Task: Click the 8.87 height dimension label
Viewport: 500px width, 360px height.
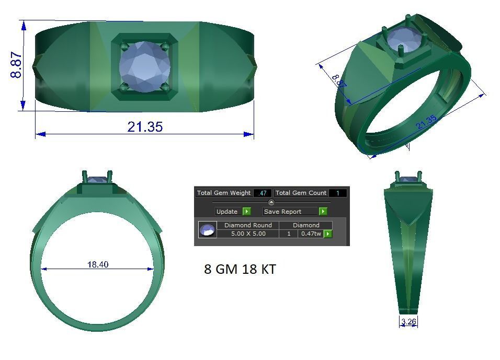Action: pyautogui.click(x=16, y=65)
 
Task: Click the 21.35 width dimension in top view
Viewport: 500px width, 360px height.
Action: pyautogui.click(x=145, y=126)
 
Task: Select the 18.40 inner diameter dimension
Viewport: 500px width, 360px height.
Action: pyautogui.click(x=98, y=264)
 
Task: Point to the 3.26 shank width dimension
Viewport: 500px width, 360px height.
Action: pyautogui.click(x=408, y=322)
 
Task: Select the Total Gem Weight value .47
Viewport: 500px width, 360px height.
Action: pyautogui.click(x=262, y=193)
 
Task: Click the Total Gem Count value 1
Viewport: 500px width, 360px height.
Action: pyautogui.click(x=338, y=193)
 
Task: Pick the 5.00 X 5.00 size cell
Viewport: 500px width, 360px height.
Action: pyautogui.click(x=248, y=234)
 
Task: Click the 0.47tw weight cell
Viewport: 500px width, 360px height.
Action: pyautogui.click(x=311, y=234)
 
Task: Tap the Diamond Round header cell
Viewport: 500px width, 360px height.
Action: pyautogui.click(x=248, y=225)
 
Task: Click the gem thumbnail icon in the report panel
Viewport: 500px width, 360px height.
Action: pyautogui.click(x=208, y=229)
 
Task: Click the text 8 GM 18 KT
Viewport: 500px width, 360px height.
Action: pyautogui.click(x=240, y=270)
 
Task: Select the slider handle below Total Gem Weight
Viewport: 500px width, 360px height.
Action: pyautogui.click(x=271, y=202)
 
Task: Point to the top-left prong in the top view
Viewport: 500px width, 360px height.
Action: pyautogui.click(x=124, y=46)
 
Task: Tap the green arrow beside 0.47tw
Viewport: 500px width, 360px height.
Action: pyautogui.click(x=328, y=234)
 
